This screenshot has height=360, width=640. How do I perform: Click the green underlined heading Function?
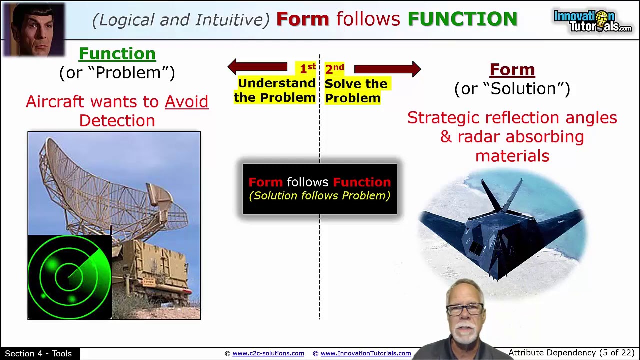point(117,54)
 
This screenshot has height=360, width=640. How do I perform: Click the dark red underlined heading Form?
point(512,70)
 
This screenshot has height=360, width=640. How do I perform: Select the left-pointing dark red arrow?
point(257,67)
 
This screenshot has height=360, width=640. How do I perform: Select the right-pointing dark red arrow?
point(387,69)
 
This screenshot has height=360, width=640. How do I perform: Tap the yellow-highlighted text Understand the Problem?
point(275,90)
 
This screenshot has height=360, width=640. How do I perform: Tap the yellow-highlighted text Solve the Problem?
point(355,91)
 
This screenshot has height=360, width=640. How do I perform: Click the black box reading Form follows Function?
point(320,189)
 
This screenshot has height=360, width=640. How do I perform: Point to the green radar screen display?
point(69,276)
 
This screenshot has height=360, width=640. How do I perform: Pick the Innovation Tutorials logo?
point(592,21)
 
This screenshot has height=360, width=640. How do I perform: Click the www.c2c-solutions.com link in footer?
point(268,353)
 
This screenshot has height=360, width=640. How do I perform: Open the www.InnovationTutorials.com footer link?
point(365,353)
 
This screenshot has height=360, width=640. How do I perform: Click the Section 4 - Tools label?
point(38,353)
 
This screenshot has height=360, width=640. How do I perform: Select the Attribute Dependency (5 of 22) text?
point(571,353)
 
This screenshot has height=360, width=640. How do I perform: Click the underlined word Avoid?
point(186,102)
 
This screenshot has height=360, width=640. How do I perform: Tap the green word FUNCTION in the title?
point(462,19)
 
